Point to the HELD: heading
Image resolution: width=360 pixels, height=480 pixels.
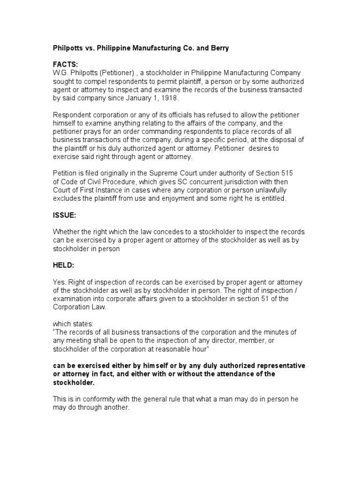tap(63, 265)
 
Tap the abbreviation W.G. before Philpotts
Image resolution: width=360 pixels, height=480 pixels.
tap(60, 73)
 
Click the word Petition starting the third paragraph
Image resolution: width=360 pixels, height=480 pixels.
tap(65, 173)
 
